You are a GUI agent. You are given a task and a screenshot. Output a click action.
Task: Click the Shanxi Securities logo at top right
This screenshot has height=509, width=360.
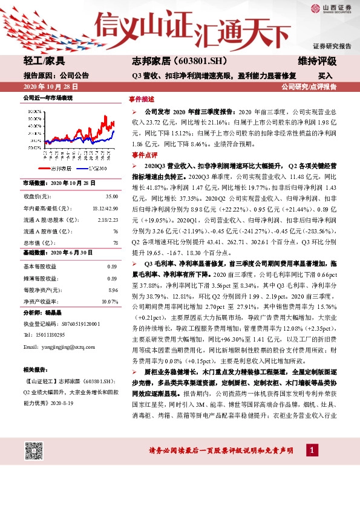point(330,8)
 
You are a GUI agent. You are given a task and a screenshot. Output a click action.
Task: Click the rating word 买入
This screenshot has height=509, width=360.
point(325,76)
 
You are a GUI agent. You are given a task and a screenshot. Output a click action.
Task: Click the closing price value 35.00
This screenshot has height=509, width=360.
point(111,196)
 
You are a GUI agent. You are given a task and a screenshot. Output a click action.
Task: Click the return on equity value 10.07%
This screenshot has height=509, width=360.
point(109,301)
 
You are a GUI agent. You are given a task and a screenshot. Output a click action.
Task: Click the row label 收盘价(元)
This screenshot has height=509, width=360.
point(37,196)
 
